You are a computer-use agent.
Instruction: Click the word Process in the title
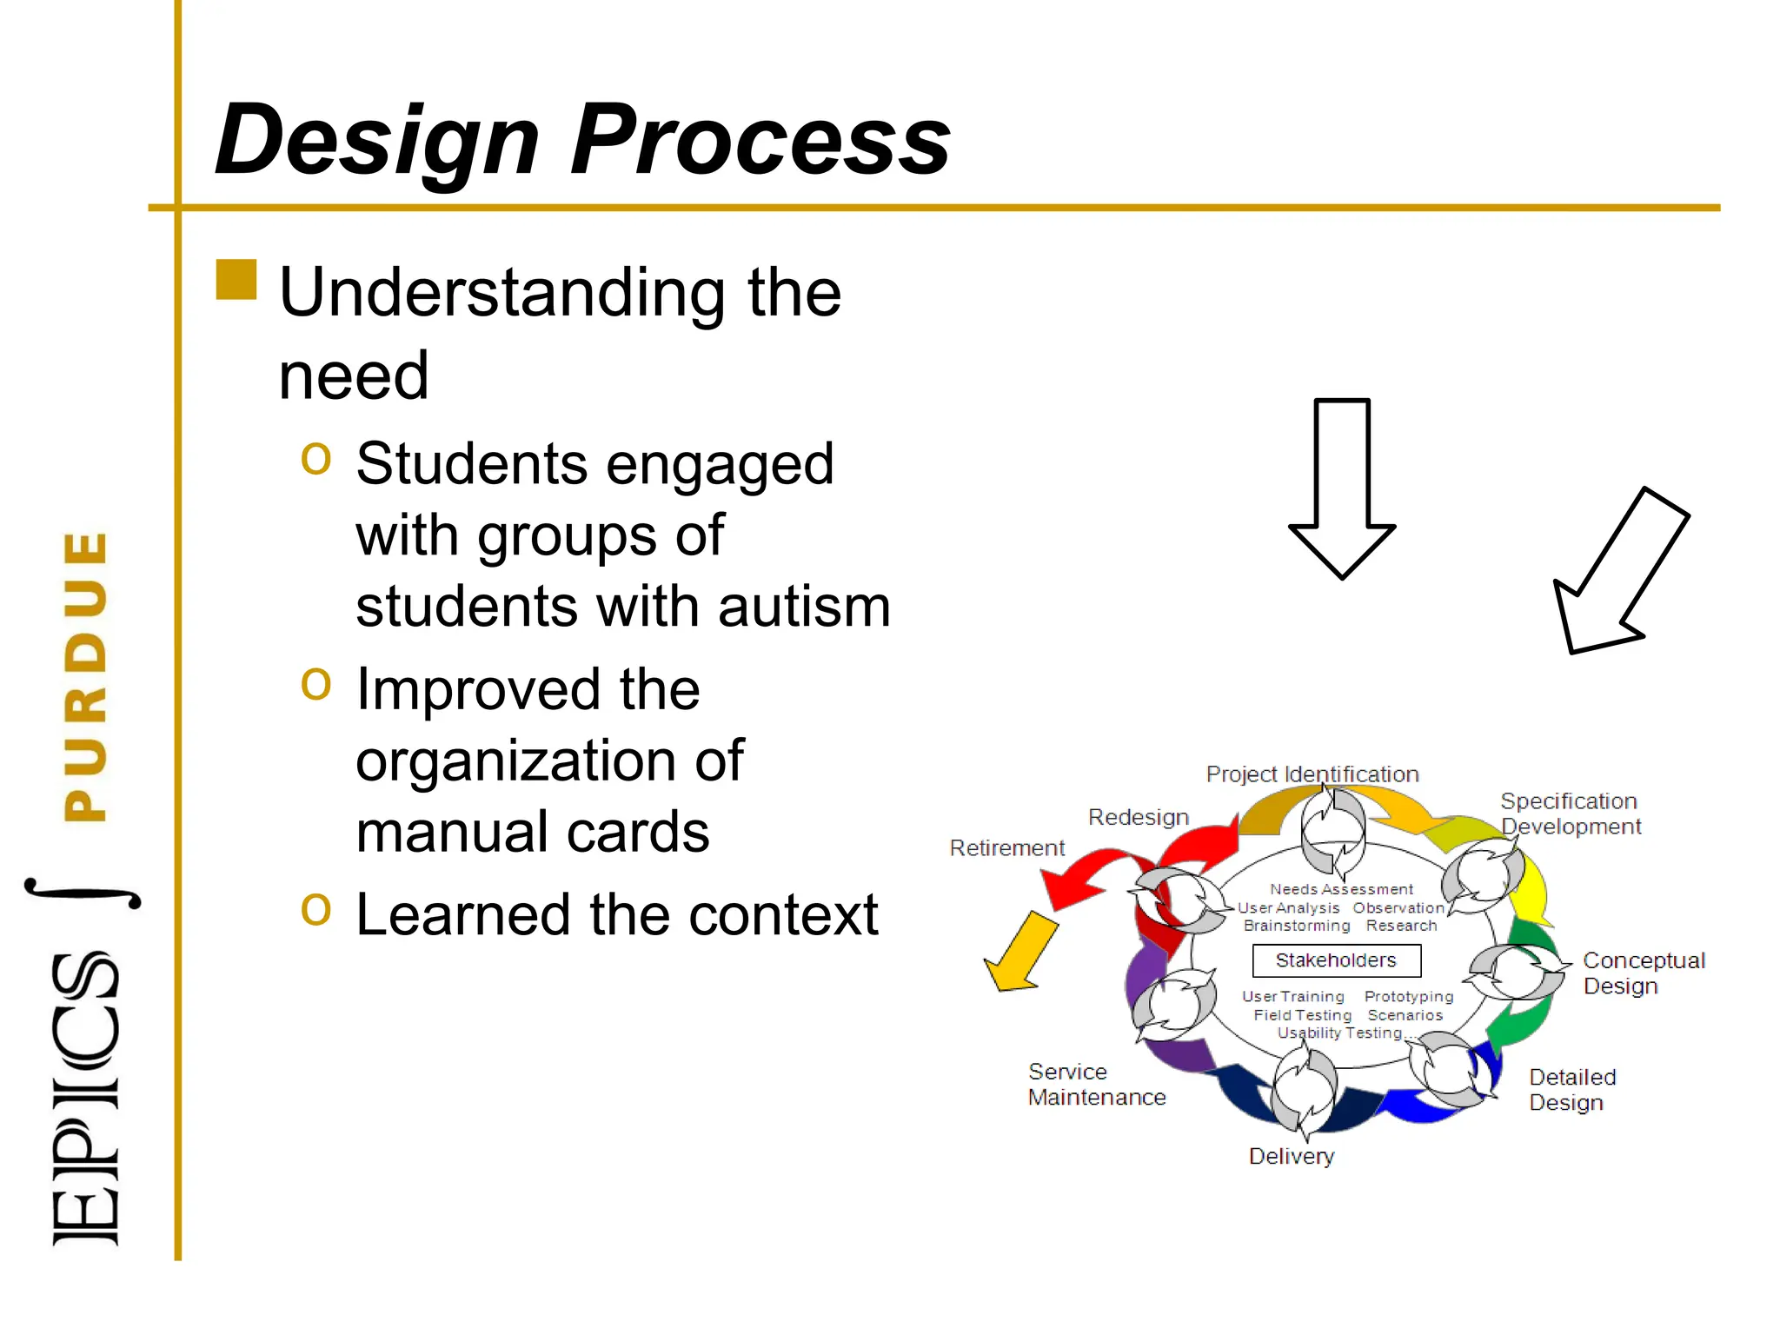pyautogui.click(x=760, y=141)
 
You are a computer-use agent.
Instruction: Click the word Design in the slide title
pyautogui.click(x=378, y=141)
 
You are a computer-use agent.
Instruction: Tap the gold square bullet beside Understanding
pyautogui.click(x=236, y=280)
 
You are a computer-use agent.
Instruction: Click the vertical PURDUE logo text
pyautogui.click(x=86, y=676)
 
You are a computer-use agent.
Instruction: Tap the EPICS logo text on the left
pyautogui.click(x=84, y=1099)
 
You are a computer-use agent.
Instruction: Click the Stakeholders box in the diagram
pyautogui.click(x=1336, y=960)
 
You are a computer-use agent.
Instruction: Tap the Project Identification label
pyautogui.click(x=1312, y=774)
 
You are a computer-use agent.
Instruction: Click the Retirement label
pyautogui.click(x=1006, y=847)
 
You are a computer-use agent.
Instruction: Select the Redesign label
pyautogui.click(x=1138, y=817)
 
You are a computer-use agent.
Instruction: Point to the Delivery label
pyautogui.click(x=1291, y=1156)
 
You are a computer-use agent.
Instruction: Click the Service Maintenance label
pyautogui.click(x=1095, y=1085)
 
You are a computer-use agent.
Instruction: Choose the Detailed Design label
pyautogui.click(x=1571, y=1090)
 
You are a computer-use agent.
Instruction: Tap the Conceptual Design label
pyautogui.click(x=1642, y=973)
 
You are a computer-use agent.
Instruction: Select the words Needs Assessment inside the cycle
pyautogui.click(x=1341, y=889)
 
